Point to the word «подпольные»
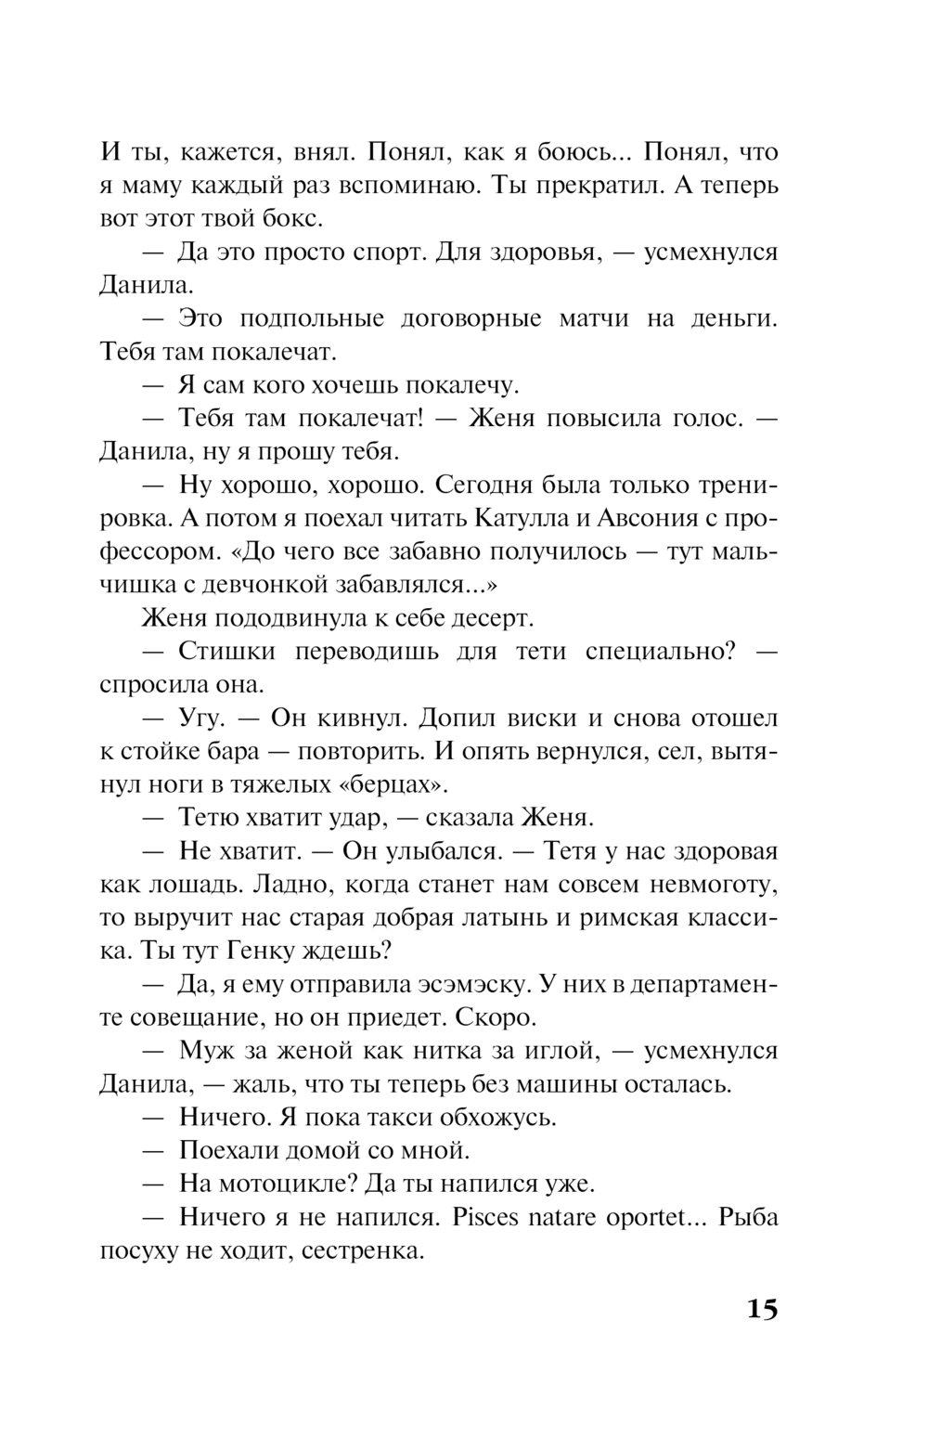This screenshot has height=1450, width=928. coord(312,318)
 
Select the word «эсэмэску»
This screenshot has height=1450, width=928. coord(463,985)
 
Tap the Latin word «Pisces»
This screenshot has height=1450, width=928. coord(484,1218)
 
